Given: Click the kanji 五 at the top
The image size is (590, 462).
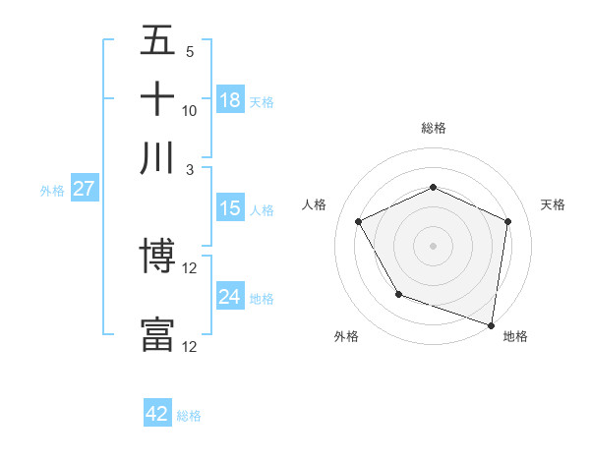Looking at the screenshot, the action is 157,40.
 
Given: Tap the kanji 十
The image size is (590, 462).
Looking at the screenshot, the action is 157,99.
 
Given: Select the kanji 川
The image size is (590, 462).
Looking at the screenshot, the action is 157,157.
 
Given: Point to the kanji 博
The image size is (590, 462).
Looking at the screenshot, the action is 157,259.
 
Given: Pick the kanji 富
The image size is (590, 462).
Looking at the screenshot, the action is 157,334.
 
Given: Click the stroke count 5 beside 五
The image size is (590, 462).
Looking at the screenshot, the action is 190,52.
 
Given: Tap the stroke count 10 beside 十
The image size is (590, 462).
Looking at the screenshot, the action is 190,111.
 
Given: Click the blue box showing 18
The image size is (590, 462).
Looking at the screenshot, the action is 230,100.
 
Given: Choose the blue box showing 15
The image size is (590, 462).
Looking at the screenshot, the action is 230,208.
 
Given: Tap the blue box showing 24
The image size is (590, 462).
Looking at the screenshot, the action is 230,297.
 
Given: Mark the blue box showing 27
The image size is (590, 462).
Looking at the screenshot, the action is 84,189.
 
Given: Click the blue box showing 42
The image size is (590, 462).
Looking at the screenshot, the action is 157,414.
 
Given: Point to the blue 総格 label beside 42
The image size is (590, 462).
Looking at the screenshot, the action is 189,416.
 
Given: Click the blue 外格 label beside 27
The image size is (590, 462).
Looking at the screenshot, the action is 52,191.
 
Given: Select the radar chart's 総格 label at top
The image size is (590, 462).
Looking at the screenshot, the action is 434,128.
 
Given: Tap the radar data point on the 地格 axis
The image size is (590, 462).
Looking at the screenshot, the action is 491,323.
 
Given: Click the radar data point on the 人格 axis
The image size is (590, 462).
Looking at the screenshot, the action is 359,221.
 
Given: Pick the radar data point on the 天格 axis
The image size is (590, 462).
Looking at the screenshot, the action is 507,221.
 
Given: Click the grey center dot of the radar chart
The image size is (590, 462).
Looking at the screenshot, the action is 433,245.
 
